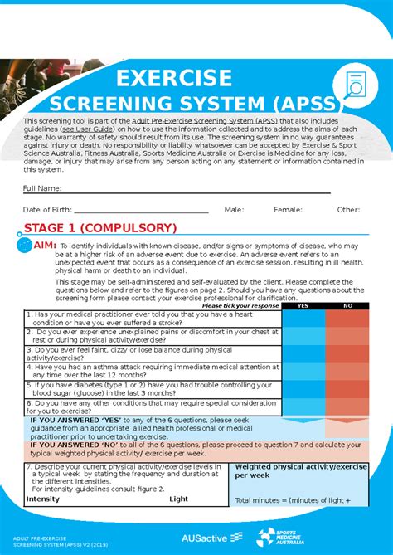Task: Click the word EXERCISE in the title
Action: point(173,78)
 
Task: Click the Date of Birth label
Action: point(47,210)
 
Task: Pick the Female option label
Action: point(288,210)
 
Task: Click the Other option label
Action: point(348,210)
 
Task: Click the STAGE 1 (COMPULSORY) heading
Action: point(99,228)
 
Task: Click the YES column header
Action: point(302,305)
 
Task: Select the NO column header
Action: point(347,305)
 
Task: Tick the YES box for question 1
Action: point(302,318)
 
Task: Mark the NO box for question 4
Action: point(347,371)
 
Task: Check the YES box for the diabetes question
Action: point(302,389)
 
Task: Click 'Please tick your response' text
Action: point(240,305)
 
